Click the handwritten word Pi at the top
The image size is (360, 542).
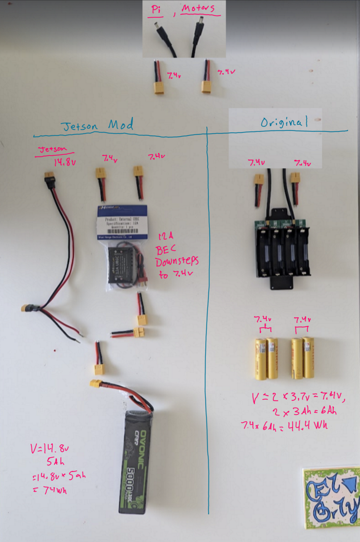pyautogui.click(x=155, y=9)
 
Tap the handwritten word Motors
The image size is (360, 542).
pyautogui.click(x=198, y=8)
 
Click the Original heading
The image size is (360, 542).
pyautogui.click(x=284, y=122)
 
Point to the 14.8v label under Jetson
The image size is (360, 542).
pyautogui.click(x=65, y=162)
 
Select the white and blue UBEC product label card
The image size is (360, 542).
pyautogui.click(x=122, y=222)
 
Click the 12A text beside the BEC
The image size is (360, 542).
pyautogui.click(x=166, y=236)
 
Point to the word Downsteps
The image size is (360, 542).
pyautogui.click(x=177, y=262)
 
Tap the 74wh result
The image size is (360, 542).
pyautogui.click(x=55, y=490)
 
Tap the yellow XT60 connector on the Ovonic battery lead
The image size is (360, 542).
pyautogui.click(x=96, y=384)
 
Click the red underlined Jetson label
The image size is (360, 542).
pyautogui.click(x=53, y=149)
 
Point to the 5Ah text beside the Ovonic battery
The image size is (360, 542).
pyautogui.click(x=55, y=461)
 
